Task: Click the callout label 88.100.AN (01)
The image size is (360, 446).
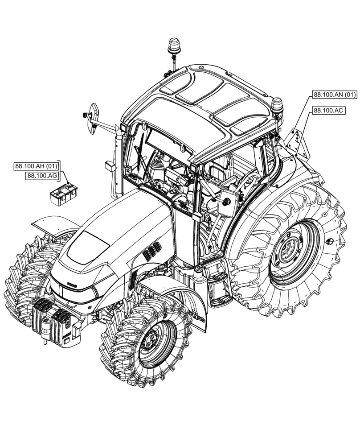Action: click(335, 95)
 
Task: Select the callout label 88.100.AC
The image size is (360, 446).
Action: click(329, 111)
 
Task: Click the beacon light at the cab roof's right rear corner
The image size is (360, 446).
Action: click(277, 106)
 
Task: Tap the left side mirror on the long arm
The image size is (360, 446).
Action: click(94, 118)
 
